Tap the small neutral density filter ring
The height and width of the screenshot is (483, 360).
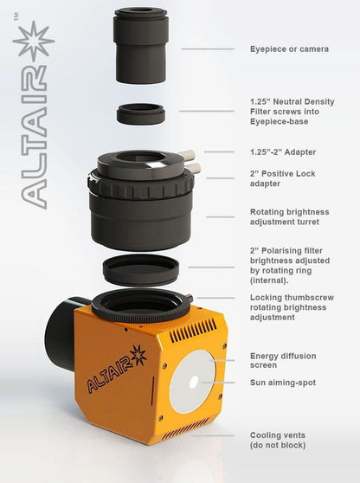tap(141, 113)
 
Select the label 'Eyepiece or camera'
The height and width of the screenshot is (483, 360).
tap(289, 49)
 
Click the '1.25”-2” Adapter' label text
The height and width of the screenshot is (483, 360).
tap(283, 151)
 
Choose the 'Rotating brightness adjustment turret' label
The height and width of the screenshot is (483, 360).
tap(290, 216)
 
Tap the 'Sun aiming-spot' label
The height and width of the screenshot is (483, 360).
tap(282, 382)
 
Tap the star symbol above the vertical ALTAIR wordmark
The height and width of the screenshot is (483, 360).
tap(32, 41)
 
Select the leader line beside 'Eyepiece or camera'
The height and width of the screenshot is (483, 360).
tap(208, 49)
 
